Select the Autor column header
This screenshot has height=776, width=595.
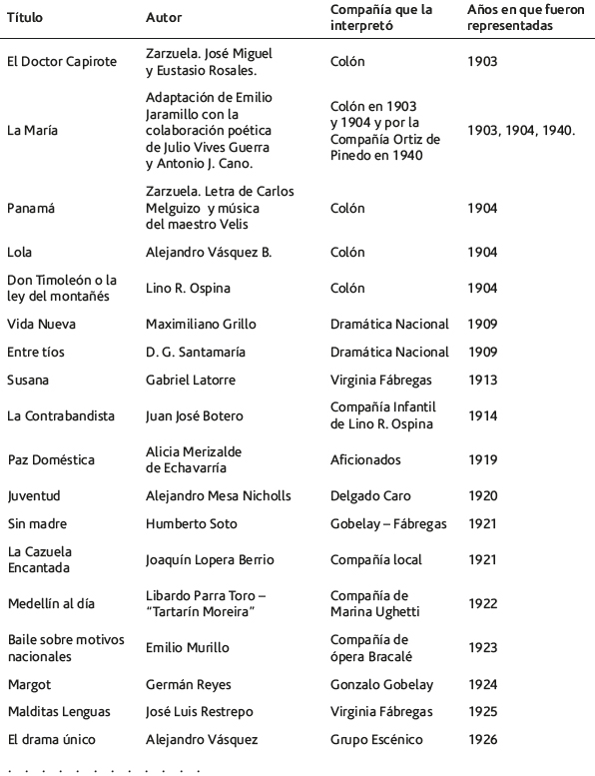[x=164, y=18]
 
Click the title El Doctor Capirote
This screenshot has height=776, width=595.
[x=61, y=62]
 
